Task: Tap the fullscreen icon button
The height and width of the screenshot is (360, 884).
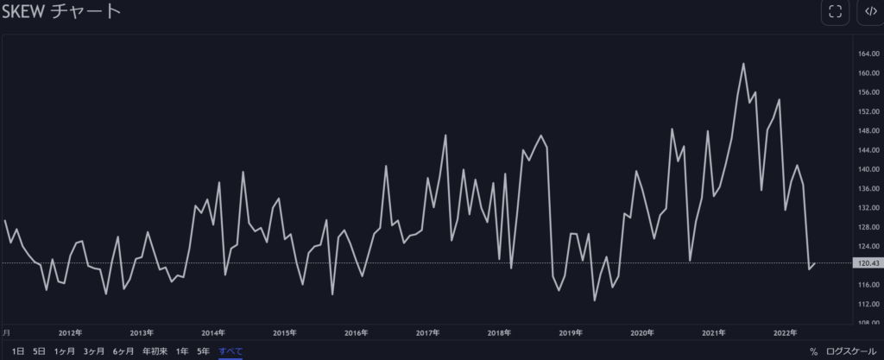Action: point(835,11)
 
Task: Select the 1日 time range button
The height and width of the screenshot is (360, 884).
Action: point(18,351)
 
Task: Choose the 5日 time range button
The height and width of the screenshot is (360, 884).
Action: point(39,351)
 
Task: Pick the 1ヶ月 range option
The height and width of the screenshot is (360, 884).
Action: point(64,351)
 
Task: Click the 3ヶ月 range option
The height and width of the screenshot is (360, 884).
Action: point(94,351)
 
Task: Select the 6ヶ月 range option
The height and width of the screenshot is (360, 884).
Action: point(123,351)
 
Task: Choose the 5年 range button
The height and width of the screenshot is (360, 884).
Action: point(203,351)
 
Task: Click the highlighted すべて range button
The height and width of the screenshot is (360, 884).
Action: point(230,351)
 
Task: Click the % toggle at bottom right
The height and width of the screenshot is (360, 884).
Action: point(813,351)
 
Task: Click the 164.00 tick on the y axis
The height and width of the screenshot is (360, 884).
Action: point(869,54)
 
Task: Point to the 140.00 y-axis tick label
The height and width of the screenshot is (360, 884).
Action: point(869,169)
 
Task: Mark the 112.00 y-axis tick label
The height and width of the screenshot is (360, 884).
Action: point(869,304)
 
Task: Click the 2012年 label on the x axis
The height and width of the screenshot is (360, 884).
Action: point(70,332)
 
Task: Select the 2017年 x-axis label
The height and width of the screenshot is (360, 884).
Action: point(428,332)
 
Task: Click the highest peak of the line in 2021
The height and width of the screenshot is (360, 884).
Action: point(743,63)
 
